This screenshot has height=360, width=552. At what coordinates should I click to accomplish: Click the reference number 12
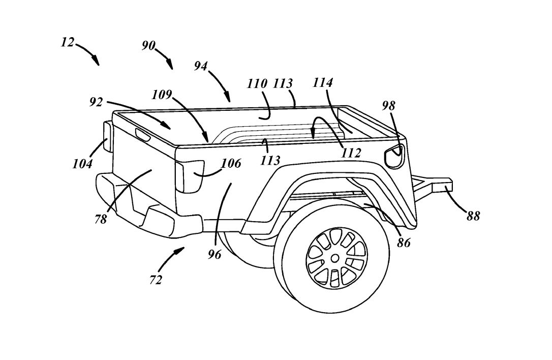[x=68, y=42]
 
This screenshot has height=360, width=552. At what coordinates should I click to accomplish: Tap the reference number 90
[x=148, y=46]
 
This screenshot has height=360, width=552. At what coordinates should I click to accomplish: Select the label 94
[x=201, y=66]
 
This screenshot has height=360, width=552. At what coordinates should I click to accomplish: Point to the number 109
[x=162, y=95]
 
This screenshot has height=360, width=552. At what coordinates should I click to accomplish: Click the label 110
[x=257, y=84]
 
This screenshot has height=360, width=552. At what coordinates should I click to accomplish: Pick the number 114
[x=323, y=83]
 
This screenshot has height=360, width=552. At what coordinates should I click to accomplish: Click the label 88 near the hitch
[x=473, y=216]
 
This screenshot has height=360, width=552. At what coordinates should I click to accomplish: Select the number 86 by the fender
[x=404, y=243]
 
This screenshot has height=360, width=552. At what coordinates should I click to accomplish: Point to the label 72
[x=156, y=279]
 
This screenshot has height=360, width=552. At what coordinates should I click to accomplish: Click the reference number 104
[x=82, y=164]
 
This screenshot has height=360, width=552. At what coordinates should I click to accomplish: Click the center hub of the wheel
[x=335, y=258]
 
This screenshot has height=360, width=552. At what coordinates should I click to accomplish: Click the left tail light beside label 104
[x=107, y=136]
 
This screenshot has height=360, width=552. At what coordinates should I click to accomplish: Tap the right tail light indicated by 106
[x=189, y=175]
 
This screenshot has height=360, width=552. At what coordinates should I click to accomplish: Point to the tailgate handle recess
[x=143, y=135]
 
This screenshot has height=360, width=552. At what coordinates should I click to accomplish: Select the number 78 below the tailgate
[x=101, y=220]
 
